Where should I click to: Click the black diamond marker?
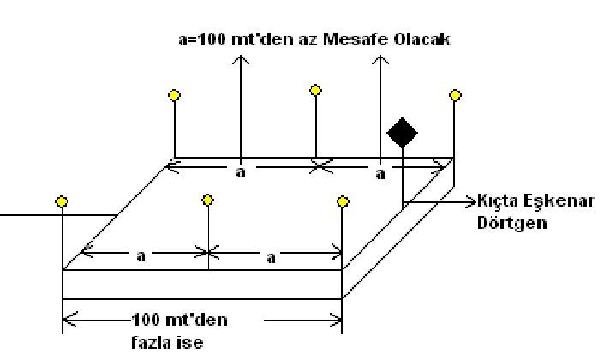point(403,133)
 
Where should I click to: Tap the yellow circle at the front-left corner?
point(62,201)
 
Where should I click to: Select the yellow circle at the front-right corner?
point(343,201)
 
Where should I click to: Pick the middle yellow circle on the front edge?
point(208,200)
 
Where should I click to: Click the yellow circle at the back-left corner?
point(175,95)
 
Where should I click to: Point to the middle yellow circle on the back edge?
point(315,89)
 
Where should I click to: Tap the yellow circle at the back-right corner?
point(455,94)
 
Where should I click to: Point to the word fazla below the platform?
point(147,339)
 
